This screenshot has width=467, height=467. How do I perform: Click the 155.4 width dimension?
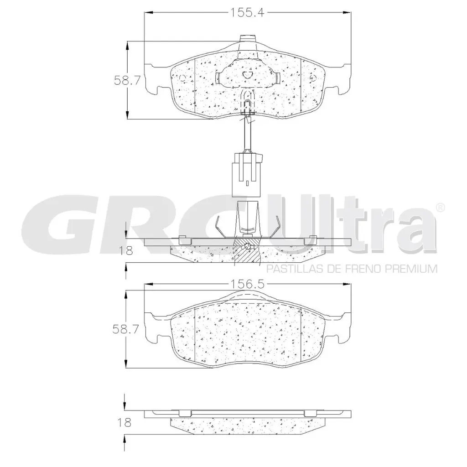(247, 12)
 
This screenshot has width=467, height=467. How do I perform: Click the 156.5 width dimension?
(247, 285)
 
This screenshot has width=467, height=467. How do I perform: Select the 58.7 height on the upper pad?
(127, 80)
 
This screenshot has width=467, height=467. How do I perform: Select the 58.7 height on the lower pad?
(126, 329)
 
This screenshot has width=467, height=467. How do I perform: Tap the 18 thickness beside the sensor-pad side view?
(126, 251)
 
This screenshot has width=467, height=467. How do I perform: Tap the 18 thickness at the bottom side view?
(124, 423)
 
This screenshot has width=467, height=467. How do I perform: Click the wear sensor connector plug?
(247, 175)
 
